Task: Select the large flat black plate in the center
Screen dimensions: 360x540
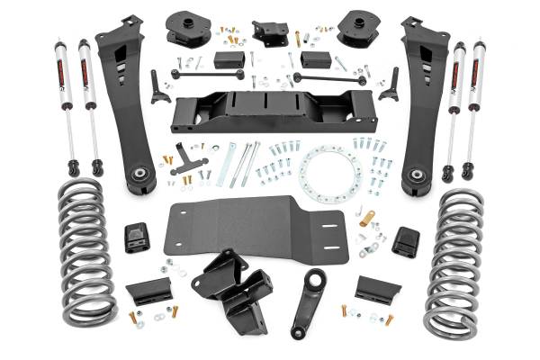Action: pos(256,225)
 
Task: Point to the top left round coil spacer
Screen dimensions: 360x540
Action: pos(187,30)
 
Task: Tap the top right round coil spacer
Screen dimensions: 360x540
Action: pos(353,30)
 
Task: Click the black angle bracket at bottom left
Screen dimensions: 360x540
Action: pos(148,291)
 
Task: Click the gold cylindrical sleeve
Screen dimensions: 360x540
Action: pos(367,218)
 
